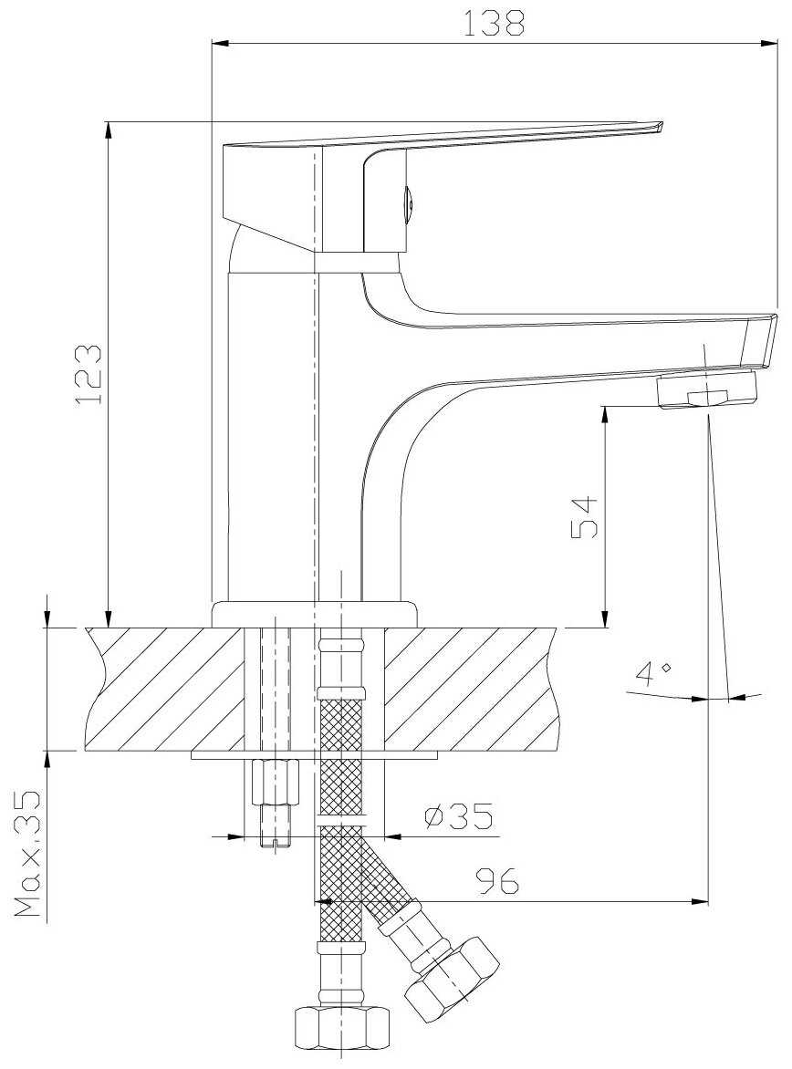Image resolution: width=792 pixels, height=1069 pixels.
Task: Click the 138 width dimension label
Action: click(495, 23)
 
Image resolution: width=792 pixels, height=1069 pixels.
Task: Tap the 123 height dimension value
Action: click(89, 374)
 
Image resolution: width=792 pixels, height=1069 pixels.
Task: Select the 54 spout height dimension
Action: click(584, 517)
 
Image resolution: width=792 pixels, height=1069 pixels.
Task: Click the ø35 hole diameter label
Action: click(458, 816)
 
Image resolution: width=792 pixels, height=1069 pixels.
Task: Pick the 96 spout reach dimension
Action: click(497, 881)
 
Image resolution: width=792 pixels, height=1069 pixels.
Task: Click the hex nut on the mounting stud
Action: click(275, 782)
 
